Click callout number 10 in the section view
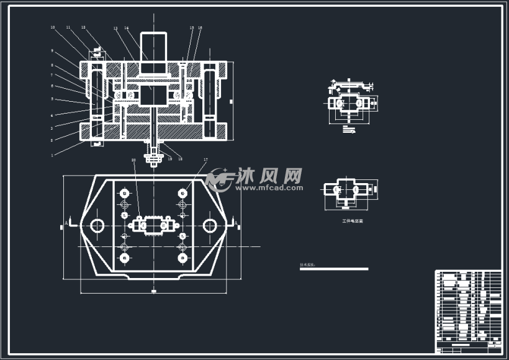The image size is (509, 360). [x=53, y=27]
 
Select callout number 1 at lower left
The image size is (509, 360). [x=52, y=155]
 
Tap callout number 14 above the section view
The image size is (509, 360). [x=126, y=28]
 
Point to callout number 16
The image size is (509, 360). [x=200, y=28]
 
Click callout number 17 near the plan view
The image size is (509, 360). [x=205, y=160]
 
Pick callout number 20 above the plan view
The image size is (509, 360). [x=133, y=160]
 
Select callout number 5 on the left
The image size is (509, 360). [x=52, y=99]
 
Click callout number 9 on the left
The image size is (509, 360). [x=52, y=50]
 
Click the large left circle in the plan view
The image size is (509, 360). [x=96, y=225]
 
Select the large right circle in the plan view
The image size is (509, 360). [x=210, y=225]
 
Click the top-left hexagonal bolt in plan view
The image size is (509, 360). [x=125, y=192]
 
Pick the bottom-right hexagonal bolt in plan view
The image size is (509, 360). [x=182, y=257]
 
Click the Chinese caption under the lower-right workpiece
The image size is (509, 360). [x=352, y=220]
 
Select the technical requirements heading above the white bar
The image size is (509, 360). [x=307, y=264]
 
